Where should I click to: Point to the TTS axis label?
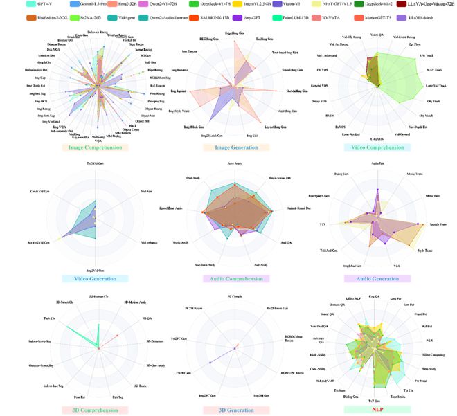[323, 225]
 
